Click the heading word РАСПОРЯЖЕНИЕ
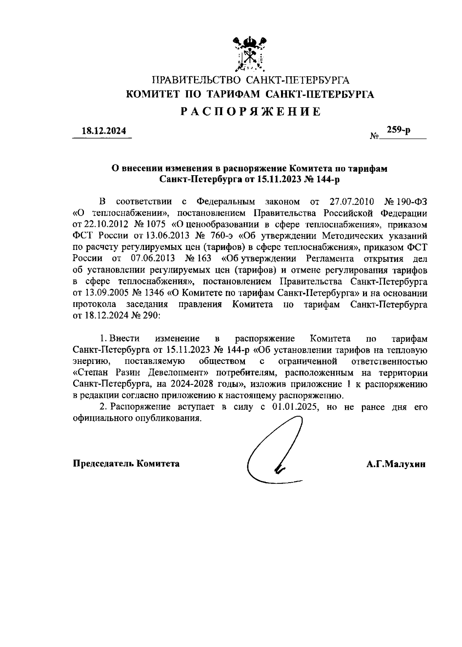[251, 112]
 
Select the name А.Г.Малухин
[396, 464]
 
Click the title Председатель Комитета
[126, 464]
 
